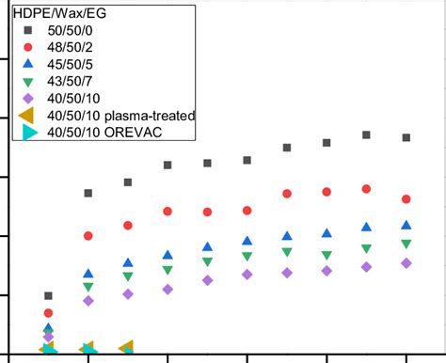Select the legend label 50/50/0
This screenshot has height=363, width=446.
point(76,29)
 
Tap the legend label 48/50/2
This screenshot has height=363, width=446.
point(76,46)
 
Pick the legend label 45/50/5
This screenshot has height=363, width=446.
point(76,63)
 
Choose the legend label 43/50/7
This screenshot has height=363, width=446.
point(76,80)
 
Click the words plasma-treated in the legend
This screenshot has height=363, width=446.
point(150,115)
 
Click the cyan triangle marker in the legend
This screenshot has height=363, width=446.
point(29,132)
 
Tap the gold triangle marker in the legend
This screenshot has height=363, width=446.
point(27,115)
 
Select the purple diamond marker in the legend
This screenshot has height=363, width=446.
point(28,98)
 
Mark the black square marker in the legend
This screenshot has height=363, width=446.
point(28,29)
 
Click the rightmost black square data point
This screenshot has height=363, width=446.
point(406,137)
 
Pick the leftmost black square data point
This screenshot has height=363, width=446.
point(49,296)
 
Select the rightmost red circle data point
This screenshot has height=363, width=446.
point(406,199)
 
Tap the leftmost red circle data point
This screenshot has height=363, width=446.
point(49,313)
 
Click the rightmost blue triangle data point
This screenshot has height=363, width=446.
point(406,225)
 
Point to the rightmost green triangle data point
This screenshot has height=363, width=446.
point(406,245)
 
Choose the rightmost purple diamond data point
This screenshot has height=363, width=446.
point(406,263)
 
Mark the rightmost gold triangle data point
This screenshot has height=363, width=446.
point(126,348)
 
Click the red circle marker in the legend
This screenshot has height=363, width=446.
point(28,46)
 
